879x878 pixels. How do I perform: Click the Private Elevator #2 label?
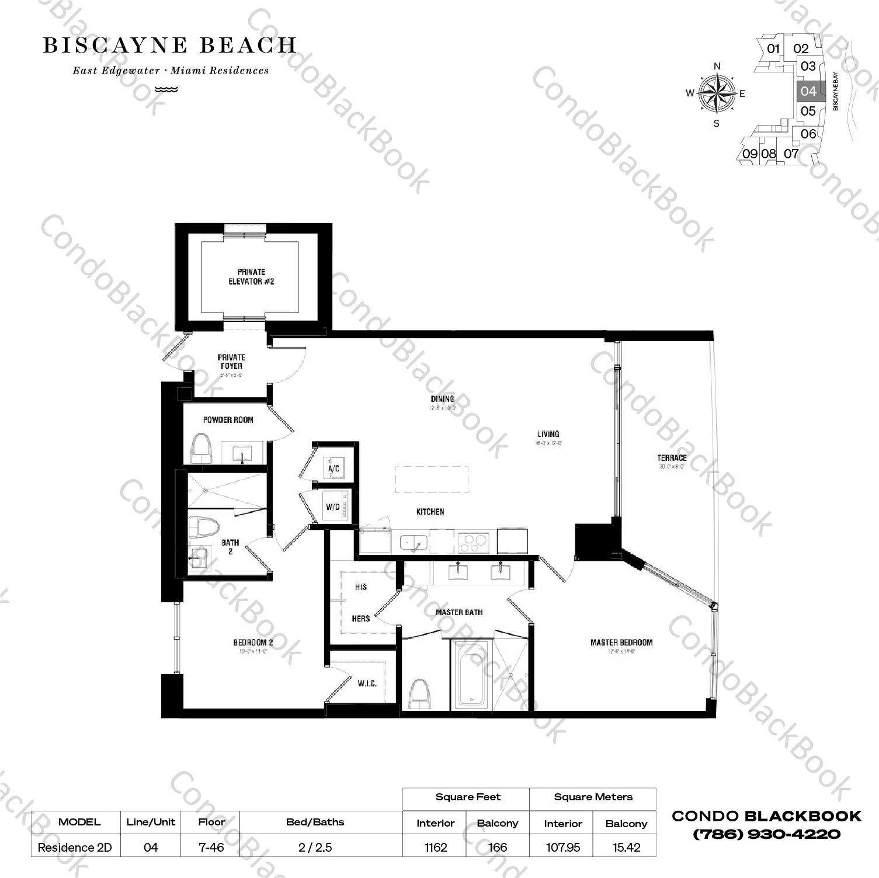pos(251,277)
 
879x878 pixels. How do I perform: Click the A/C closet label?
pos(334,469)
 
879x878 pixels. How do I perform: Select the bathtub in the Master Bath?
pos(470,675)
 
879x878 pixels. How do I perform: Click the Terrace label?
pos(672,458)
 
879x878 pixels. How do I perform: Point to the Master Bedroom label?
pos(621,643)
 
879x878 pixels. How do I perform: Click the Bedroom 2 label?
pos(253,643)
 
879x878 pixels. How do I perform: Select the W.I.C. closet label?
pos(367,683)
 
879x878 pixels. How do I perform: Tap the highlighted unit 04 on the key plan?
pos(809,91)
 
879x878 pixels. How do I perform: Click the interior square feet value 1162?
pos(436,847)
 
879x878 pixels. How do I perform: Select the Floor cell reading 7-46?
pos(211,847)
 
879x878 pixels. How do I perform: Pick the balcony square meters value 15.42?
pos(626,847)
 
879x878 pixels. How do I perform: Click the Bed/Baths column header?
pos(315,822)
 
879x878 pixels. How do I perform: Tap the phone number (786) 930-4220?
pos(766,834)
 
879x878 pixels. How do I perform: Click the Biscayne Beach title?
pos(169,46)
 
